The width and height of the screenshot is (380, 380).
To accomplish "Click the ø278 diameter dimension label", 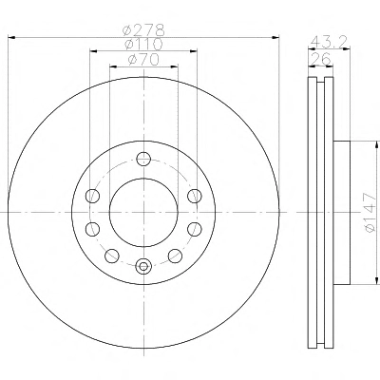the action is click(144, 30).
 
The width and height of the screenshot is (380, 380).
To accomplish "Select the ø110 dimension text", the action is click(144, 45).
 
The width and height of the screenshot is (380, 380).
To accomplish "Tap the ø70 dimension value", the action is click(143, 60).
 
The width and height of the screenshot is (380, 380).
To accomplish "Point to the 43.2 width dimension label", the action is click(330, 41).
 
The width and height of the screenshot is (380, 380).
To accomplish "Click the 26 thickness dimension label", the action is click(320, 59).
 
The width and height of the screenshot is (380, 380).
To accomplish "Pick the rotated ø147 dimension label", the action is click(370, 213).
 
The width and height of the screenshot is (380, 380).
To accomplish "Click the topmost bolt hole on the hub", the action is click(143, 159).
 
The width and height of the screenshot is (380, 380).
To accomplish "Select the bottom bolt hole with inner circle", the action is click(143, 266).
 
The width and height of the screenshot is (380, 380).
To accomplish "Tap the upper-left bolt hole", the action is click(93, 196).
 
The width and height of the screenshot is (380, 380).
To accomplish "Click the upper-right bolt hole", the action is click(195, 196).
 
